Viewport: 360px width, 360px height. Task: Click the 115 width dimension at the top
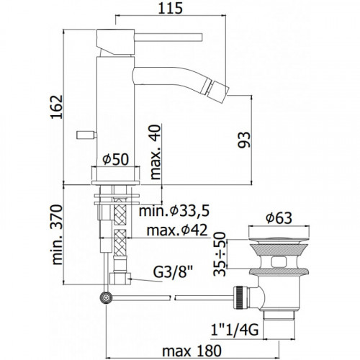171,9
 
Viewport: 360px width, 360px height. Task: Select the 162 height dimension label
57,107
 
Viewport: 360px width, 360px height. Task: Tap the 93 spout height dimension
244,140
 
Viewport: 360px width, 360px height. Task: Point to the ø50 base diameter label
115,159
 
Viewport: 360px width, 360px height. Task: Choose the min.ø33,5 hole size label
174,211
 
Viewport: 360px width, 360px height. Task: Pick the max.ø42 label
177,230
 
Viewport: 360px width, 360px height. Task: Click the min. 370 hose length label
57,235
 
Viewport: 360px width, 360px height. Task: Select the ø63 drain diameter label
279,218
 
